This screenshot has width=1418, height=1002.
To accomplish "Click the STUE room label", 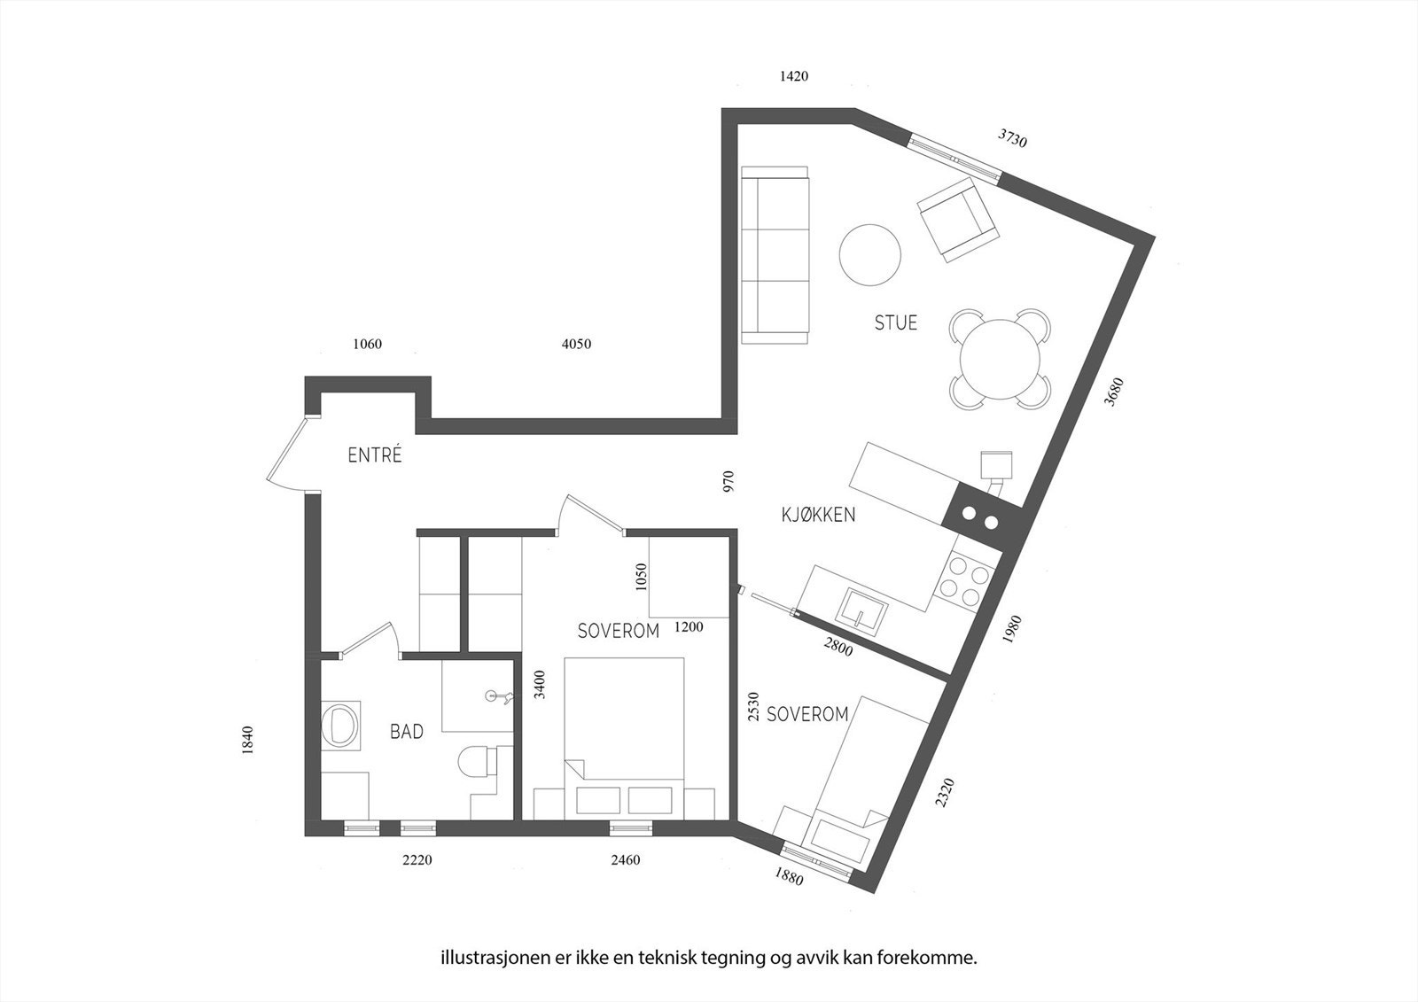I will (895, 322).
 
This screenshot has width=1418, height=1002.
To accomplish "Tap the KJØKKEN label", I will (817, 515).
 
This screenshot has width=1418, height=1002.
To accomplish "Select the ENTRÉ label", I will (375, 456).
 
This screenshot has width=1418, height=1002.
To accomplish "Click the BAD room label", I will (407, 732).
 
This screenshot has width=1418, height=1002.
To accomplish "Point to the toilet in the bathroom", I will (479, 762).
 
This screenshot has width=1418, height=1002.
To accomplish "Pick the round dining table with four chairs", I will (1000, 359).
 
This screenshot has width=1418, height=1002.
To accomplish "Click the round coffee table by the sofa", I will (870, 254).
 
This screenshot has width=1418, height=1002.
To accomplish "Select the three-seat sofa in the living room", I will (775, 254).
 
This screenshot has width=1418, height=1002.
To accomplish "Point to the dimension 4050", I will (576, 344).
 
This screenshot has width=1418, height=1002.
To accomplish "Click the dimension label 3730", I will (1012, 138).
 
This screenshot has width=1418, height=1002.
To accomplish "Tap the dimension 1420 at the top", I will (793, 76).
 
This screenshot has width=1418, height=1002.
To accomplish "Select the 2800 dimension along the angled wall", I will (838, 647).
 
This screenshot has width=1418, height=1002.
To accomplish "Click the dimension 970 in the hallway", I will (728, 481).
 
